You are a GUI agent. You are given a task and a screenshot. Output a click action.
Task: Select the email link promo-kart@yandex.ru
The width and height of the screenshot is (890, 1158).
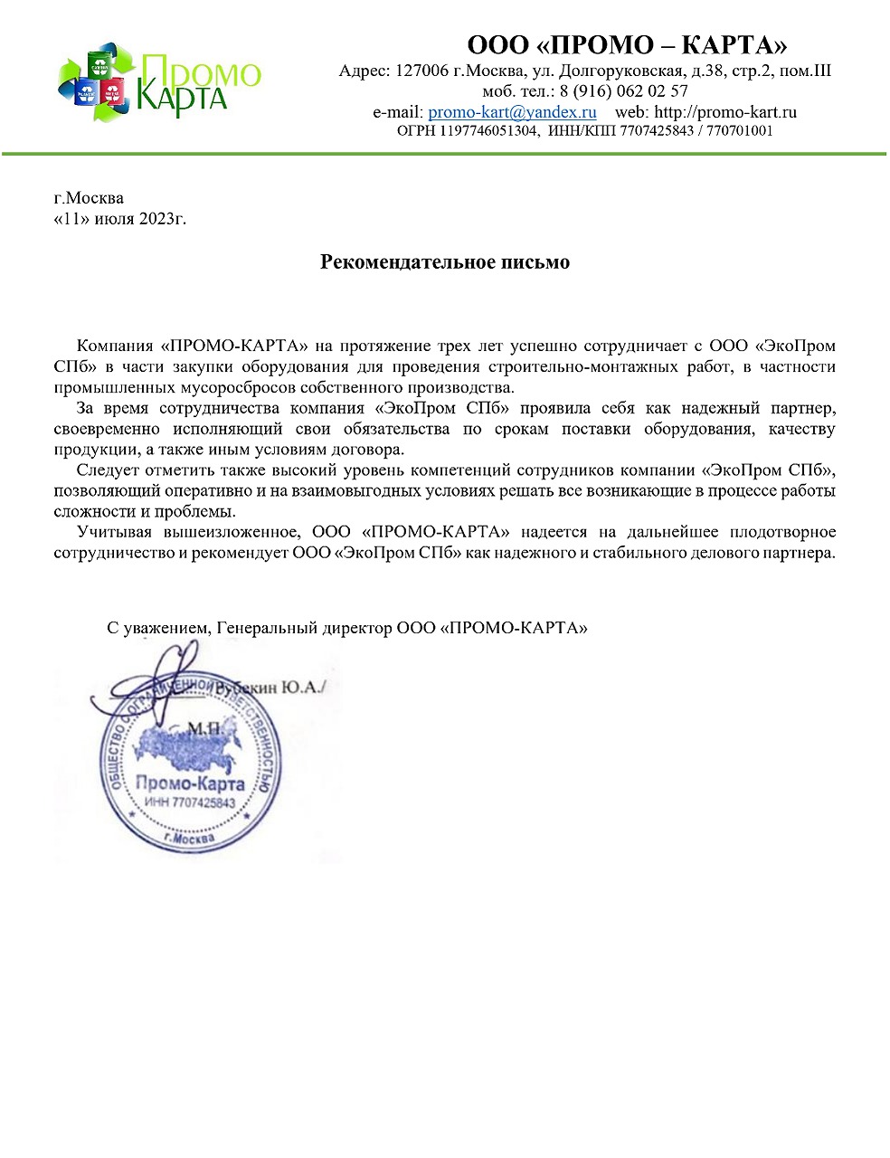(x=512, y=112)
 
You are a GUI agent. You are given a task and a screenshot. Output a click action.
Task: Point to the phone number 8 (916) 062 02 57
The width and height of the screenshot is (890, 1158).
(x=624, y=91)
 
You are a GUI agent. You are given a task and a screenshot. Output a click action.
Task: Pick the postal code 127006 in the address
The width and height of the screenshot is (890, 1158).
(x=421, y=71)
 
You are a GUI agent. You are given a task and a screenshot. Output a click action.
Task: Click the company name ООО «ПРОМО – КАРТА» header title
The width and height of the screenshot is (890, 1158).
(x=627, y=44)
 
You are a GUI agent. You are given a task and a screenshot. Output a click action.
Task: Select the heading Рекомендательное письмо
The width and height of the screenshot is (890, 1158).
(x=445, y=262)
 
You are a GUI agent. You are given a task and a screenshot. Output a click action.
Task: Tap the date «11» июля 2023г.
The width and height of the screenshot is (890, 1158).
(x=120, y=218)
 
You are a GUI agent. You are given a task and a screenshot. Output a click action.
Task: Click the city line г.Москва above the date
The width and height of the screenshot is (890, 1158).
(x=89, y=198)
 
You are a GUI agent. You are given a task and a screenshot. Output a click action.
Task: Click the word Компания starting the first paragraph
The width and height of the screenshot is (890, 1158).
(x=114, y=346)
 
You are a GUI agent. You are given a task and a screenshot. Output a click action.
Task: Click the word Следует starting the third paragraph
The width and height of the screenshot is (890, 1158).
(x=108, y=470)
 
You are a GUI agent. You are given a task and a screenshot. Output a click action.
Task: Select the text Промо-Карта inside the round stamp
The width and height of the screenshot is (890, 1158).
(x=190, y=783)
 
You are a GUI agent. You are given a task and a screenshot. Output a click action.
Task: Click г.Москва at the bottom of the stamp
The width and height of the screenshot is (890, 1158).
(x=190, y=839)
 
